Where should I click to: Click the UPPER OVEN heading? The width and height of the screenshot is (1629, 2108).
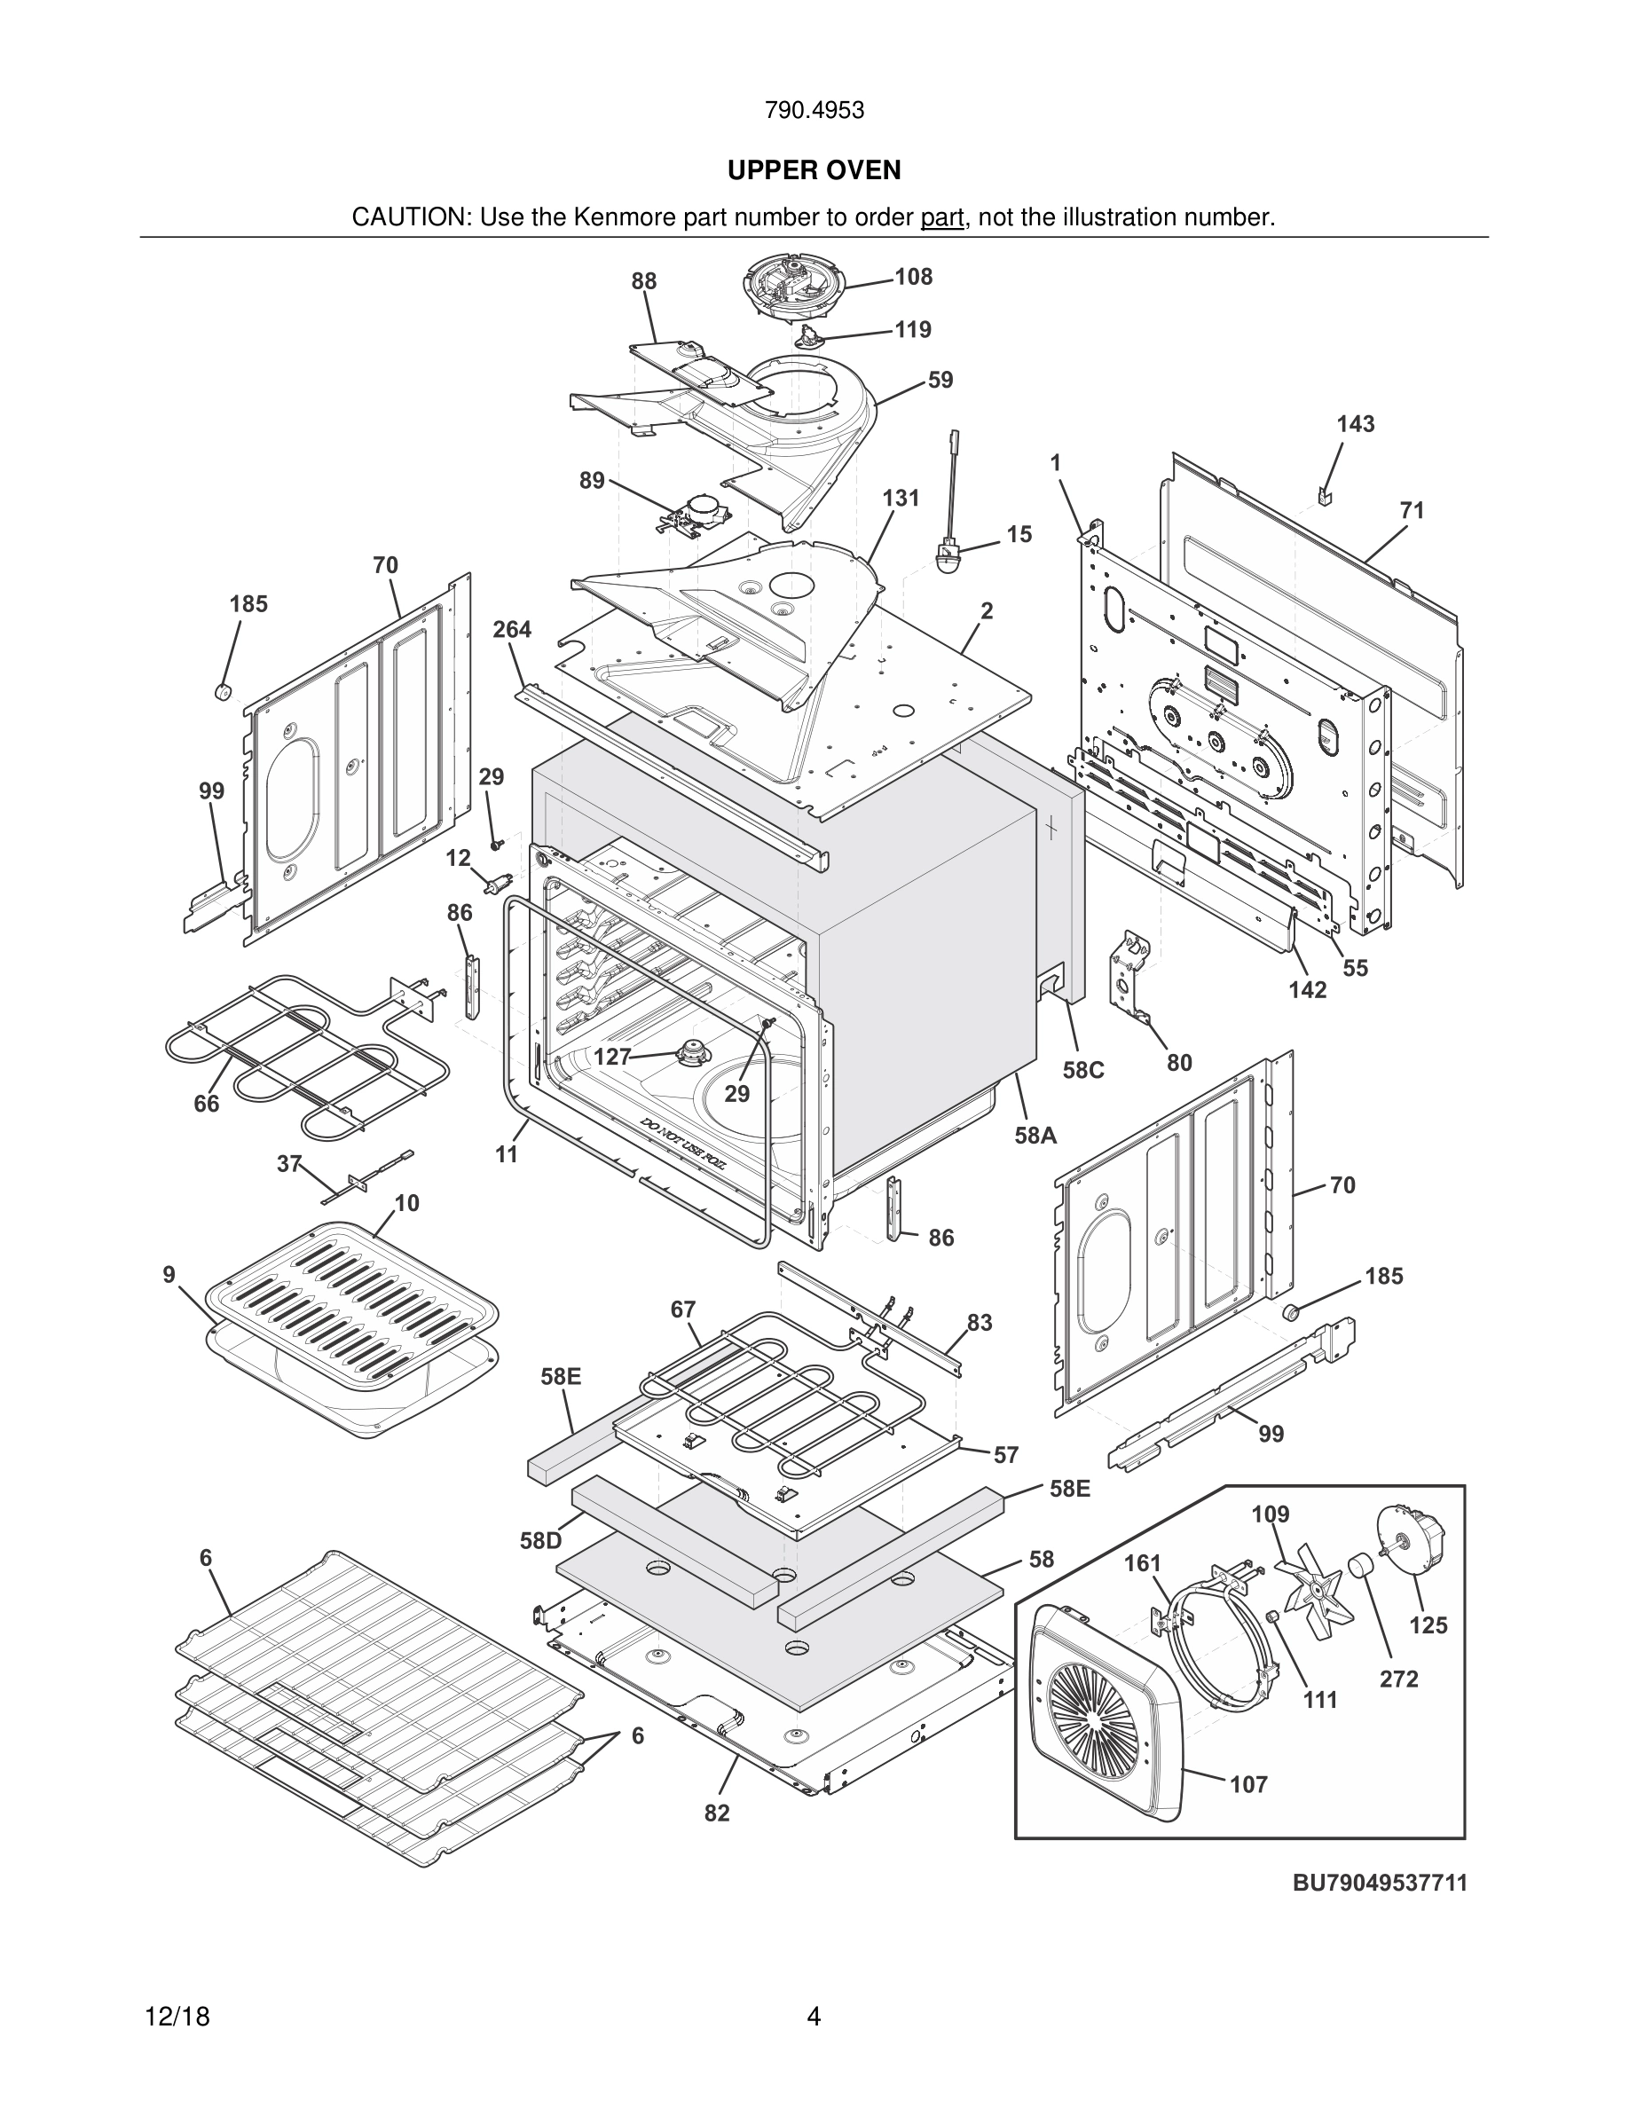(x=814, y=169)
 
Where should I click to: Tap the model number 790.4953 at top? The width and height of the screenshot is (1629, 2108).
(x=814, y=110)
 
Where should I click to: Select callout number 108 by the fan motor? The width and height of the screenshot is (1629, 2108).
(x=913, y=277)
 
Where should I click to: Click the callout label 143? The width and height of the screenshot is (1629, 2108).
(x=1355, y=424)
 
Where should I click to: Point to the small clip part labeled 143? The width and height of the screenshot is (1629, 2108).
(x=1323, y=497)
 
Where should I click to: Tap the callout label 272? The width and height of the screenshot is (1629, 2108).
(x=1398, y=1679)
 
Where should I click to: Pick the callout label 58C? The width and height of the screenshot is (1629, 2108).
(x=1082, y=1070)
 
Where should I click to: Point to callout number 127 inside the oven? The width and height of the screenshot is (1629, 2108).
(x=612, y=1057)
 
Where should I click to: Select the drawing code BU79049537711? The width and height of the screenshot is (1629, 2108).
(x=1379, y=1882)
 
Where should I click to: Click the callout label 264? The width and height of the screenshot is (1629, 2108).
(x=511, y=629)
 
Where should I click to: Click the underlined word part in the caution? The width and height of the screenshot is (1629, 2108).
(x=942, y=218)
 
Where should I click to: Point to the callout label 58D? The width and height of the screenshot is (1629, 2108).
(x=540, y=1540)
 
